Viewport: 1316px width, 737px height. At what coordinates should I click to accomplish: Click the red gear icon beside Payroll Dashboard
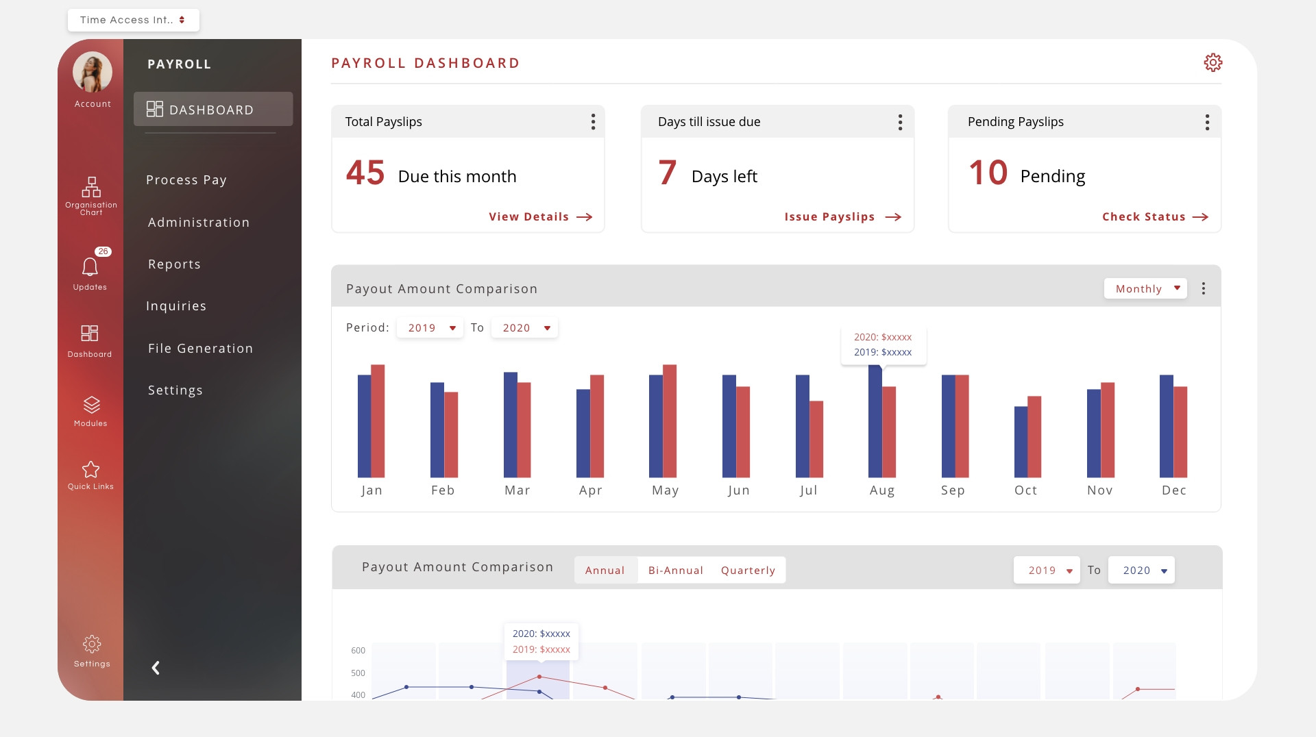[x=1213, y=62]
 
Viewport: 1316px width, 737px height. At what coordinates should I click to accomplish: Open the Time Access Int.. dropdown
[x=133, y=20]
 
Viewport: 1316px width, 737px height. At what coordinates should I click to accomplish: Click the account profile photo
[x=93, y=72]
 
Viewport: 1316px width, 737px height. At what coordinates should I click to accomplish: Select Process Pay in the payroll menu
[x=186, y=180]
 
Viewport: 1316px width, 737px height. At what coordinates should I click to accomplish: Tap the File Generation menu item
[x=200, y=349]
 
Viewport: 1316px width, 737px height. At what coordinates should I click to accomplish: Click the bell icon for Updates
[x=90, y=266]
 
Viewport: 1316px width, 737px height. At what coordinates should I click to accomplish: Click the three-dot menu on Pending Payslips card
[x=1207, y=122]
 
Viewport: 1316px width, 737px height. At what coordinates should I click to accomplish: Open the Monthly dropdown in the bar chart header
[x=1145, y=288]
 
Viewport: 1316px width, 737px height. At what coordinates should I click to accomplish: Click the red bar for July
[x=816, y=438]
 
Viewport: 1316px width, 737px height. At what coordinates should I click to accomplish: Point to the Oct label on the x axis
[x=1025, y=490]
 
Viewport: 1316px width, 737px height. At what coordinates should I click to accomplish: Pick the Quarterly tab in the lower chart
[x=748, y=571]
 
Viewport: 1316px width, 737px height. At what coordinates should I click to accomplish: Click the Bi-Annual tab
[x=675, y=571]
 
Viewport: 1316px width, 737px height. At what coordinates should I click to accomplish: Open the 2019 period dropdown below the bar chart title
[x=430, y=328]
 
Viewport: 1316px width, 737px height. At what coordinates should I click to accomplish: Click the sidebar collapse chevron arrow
[x=156, y=668]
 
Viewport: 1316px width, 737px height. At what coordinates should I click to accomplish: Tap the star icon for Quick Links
[x=90, y=470]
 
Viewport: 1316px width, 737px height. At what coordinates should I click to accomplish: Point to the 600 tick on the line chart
[x=358, y=651]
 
